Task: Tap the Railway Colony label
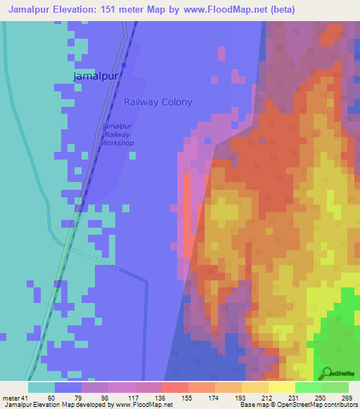(157, 102)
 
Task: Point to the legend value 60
(51, 398)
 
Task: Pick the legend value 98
(104, 398)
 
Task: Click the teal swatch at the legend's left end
(41, 387)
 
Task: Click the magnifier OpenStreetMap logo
(326, 373)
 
